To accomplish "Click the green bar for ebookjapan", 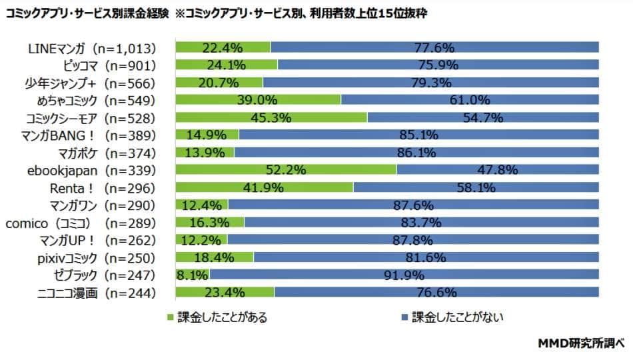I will (x=286, y=169).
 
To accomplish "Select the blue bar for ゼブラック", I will (x=404, y=274).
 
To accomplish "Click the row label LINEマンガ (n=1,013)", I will (x=92, y=48).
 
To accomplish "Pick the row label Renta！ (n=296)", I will (x=103, y=187).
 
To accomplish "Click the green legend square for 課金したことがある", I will (x=171, y=317).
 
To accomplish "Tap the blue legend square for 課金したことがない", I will (x=404, y=317).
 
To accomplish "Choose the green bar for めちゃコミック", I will (x=258, y=100).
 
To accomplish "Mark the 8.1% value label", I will (x=192, y=275).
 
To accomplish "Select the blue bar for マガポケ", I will (x=416, y=152).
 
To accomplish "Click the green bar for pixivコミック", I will (x=215, y=257).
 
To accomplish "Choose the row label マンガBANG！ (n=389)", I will (x=98, y=135).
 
